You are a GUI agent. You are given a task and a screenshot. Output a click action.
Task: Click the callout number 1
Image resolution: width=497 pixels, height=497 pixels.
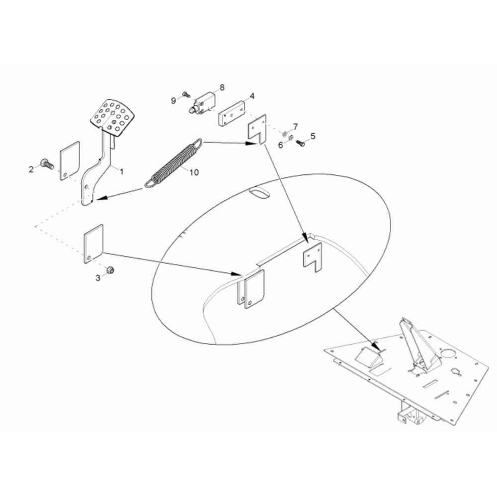pyautogui.click(x=121, y=171)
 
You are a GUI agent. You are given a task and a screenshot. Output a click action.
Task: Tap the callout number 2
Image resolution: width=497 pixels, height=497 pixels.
pyautogui.click(x=31, y=169)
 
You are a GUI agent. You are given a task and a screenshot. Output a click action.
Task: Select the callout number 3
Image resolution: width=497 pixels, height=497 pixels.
pyautogui.click(x=98, y=278)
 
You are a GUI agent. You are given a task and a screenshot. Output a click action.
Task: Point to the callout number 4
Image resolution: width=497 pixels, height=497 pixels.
pyautogui.click(x=252, y=96)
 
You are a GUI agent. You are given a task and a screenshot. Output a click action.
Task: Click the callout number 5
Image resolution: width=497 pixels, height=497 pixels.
pyautogui.click(x=313, y=136)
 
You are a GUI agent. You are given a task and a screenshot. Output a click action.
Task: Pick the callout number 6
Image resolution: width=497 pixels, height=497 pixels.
pyautogui.click(x=280, y=145)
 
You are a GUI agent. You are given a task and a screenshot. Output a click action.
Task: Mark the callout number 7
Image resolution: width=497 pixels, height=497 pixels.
pyautogui.click(x=295, y=127)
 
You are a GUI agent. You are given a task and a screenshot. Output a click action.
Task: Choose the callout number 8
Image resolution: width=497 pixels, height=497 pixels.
pyautogui.click(x=222, y=87)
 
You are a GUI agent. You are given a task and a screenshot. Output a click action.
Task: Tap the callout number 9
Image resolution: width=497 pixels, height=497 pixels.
pyautogui.click(x=173, y=100)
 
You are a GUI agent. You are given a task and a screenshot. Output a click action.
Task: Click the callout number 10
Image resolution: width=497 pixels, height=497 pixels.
pyautogui.click(x=194, y=172)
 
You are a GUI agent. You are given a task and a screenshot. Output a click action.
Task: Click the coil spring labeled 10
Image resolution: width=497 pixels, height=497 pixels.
pyautogui.click(x=173, y=163)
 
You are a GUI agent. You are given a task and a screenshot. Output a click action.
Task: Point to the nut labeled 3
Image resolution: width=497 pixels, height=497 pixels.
pyautogui.click(x=110, y=270)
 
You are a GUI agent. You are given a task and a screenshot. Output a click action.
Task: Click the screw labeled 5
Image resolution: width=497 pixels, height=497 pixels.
pyautogui.click(x=300, y=143)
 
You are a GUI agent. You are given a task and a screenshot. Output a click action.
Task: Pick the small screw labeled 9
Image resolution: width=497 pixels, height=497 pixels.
pyautogui.click(x=185, y=94)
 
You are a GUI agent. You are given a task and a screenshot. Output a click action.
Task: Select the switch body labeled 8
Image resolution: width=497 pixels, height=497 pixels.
pyautogui.click(x=203, y=102)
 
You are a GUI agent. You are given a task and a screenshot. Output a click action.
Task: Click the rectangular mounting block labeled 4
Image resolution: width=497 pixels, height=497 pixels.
pyautogui.click(x=232, y=113)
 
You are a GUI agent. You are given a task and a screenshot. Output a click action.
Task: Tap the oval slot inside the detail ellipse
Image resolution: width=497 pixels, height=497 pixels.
pyautogui.click(x=259, y=193)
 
